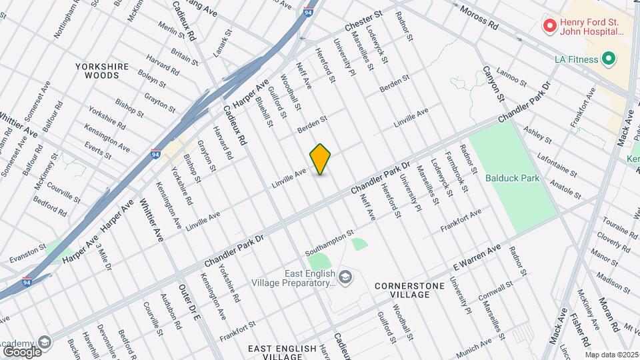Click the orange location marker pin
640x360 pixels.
321,159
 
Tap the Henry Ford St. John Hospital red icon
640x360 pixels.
550,26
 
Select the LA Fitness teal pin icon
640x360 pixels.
608,59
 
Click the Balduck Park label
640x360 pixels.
512,179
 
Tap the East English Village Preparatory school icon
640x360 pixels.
345,276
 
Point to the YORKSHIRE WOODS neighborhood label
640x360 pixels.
97,71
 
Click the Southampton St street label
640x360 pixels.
329,243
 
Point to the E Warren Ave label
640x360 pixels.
476,257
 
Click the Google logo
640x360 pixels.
22,351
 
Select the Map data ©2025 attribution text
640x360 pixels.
611,355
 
